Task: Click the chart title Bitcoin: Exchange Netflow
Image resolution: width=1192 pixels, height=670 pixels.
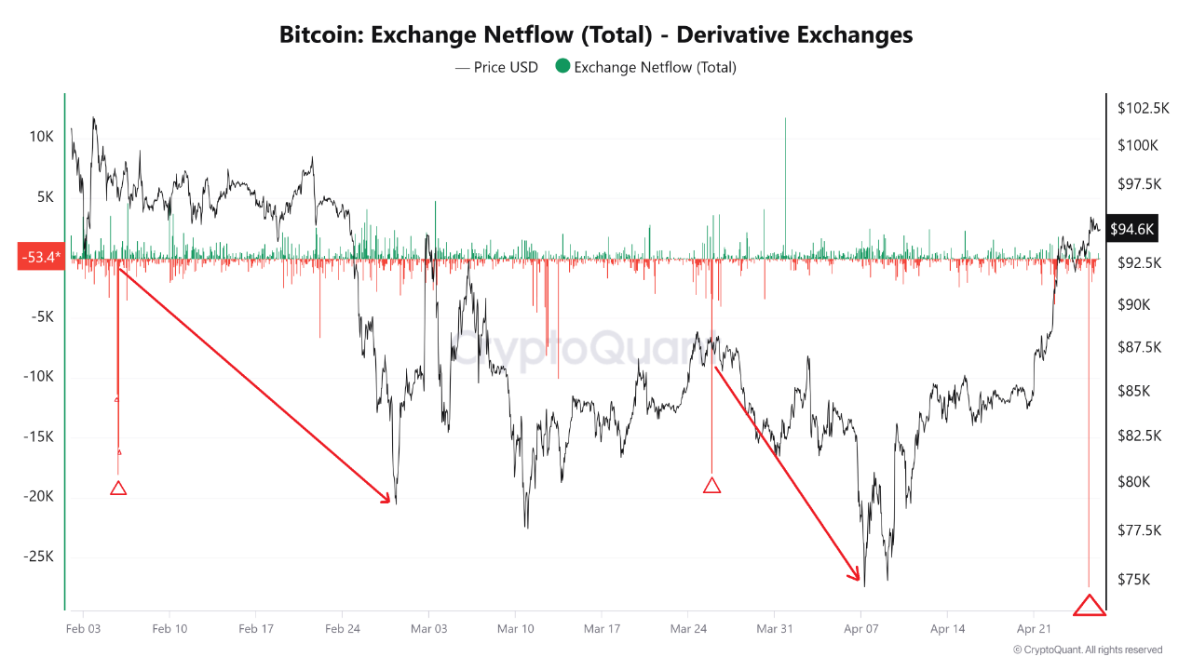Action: (596, 35)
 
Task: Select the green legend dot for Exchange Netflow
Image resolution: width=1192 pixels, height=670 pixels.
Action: (562, 66)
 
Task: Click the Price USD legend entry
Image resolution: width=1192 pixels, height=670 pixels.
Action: (496, 67)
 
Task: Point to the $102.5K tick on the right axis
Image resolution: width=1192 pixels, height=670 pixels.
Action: (1143, 108)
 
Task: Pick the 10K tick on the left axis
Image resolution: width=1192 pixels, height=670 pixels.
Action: (42, 137)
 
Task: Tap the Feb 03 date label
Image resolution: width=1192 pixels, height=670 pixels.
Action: (83, 628)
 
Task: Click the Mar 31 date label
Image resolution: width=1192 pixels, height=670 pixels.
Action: (774, 628)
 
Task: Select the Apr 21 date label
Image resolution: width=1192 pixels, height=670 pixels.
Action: (1033, 628)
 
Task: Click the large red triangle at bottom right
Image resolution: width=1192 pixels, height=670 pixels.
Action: (1089, 605)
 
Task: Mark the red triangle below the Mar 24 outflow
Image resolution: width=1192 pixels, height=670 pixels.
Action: (711, 485)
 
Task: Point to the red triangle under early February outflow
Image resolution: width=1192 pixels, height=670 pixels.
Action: (118, 488)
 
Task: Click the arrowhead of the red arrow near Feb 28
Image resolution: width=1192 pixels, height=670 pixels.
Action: (388, 501)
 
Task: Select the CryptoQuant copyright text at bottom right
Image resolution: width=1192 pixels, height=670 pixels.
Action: (1087, 650)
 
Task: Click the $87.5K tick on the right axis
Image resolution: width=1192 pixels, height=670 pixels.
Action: (1140, 347)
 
